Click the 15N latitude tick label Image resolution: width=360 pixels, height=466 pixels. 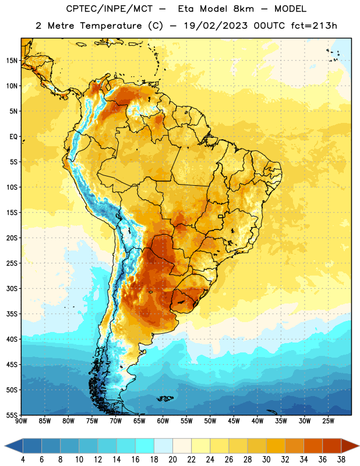[x=12, y=61]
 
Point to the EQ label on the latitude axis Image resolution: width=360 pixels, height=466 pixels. [x=13, y=137]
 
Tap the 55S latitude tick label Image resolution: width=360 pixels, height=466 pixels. [x=12, y=415]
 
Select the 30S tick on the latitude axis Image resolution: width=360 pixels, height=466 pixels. [x=12, y=288]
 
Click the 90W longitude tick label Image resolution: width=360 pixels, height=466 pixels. [x=21, y=421]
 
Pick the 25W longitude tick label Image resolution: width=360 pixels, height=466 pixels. [x=328, y=421]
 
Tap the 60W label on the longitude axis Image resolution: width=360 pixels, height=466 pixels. [x=163, y=421]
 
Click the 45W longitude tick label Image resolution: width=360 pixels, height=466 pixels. [x=234, y=421]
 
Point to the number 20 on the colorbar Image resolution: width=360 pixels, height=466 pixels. [x=172, y=460]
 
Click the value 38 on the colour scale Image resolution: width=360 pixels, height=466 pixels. [x=341, y=460]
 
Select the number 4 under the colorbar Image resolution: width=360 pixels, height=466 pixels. [x=23, y=460]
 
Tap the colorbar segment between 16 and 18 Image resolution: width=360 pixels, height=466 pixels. [x=145, y=446]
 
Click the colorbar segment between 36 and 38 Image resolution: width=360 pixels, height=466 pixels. [x=332, y=446]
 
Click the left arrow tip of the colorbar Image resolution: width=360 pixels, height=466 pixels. [x=5, y=446]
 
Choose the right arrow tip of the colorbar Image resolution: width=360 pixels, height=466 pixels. [x=359, y=446]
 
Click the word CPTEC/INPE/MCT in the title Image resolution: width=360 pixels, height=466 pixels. [x=110, y=9]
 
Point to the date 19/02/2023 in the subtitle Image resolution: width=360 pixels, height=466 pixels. [x=216, y=26]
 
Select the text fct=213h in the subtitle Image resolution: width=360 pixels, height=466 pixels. [x=314, y=26]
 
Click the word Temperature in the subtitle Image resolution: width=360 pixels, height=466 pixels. [x=111, y=26]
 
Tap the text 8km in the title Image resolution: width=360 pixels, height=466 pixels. [x=243, y=9]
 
